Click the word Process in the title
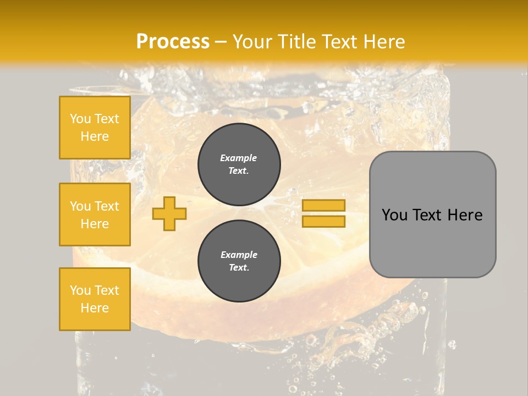[173, 42]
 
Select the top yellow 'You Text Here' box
[95, 128]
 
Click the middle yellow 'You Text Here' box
[95, 215]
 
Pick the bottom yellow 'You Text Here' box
[95, 299]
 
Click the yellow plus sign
[169, 213]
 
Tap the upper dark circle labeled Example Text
[239, 164]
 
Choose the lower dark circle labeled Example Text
[239, 261]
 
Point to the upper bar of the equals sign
[323, 205]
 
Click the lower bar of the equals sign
[323, 221]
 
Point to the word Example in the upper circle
[238, 158]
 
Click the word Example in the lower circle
[239, 255]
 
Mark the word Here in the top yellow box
[95, 136]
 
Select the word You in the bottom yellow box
[80, 290]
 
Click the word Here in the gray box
[465, 215]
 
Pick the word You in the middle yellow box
[80, 206]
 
